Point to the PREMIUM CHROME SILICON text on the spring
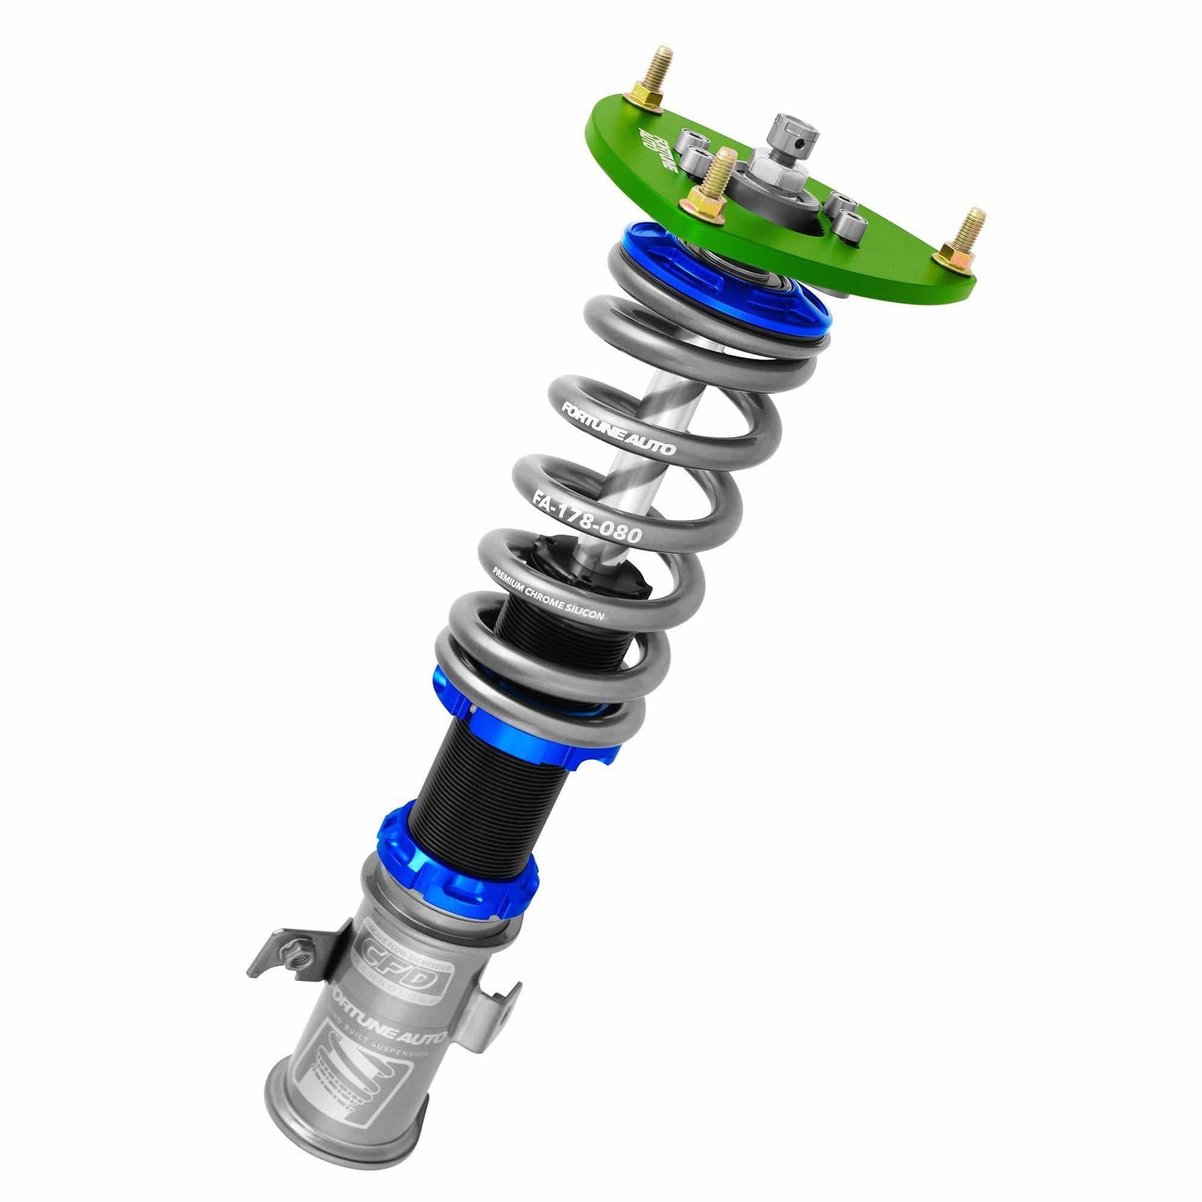click(548, 593)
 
